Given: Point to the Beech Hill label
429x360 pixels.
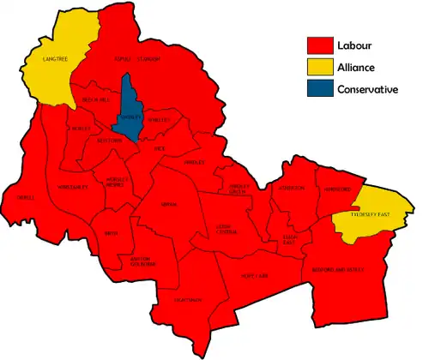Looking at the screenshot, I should pyautogui.click(x=94, y=100).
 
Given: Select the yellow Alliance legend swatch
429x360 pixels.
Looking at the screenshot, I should pyautogui.click(x=321, y=68).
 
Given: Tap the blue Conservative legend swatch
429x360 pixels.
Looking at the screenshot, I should pyautogui.click(x=321, y=89).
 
